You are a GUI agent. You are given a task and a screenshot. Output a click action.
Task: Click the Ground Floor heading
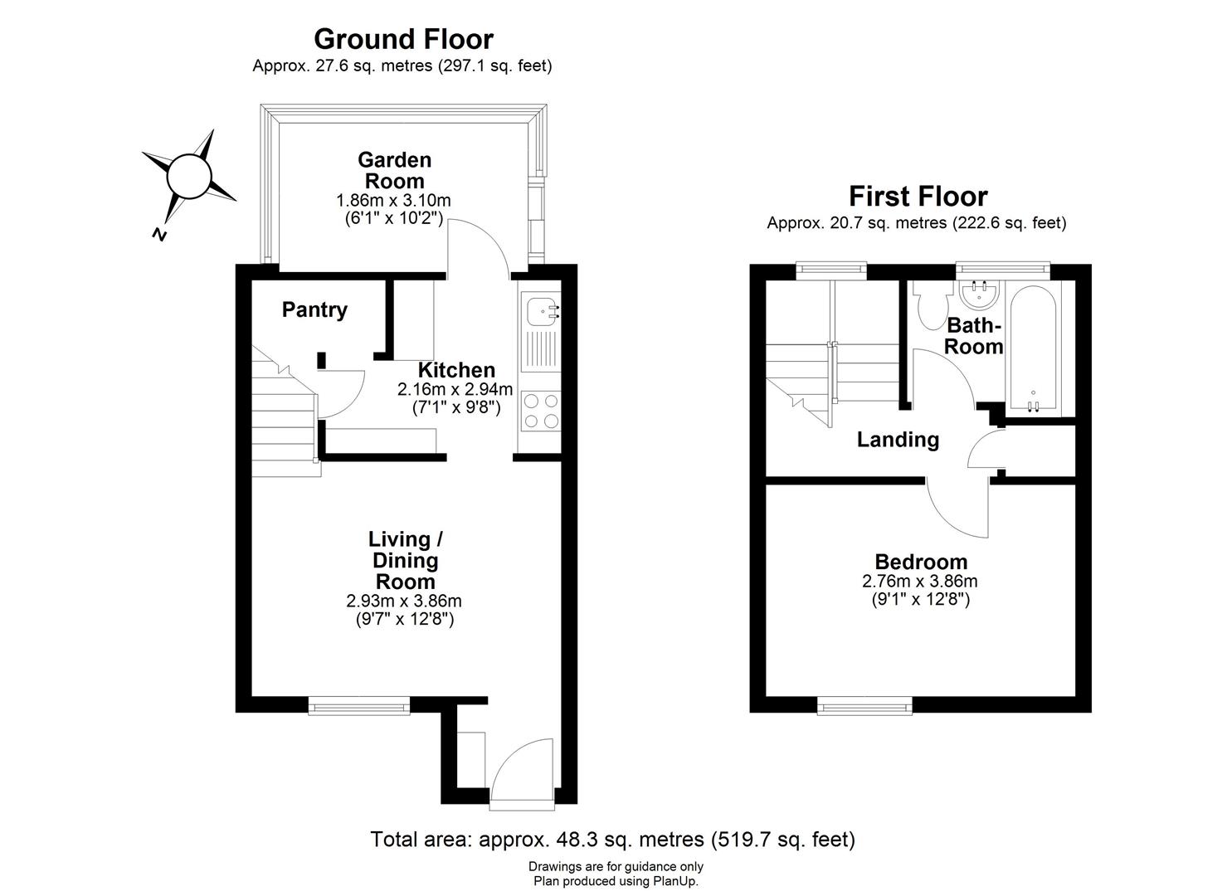403,39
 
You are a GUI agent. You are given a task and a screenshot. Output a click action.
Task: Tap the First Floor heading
918,197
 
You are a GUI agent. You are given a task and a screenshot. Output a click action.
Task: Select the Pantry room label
314,309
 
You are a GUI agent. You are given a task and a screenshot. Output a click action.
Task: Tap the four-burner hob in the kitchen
540,411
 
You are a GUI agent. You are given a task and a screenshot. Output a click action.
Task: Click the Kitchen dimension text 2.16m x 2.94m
455,389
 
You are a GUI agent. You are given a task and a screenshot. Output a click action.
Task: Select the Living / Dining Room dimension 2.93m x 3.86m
404,601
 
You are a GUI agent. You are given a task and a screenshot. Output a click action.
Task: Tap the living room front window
359,706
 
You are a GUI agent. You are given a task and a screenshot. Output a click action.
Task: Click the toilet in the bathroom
931,305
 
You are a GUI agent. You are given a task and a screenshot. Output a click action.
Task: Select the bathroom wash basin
979,294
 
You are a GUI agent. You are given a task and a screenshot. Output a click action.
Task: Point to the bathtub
1032,347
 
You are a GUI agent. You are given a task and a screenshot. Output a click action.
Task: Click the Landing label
898,439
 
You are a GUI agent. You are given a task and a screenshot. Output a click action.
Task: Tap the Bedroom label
920,562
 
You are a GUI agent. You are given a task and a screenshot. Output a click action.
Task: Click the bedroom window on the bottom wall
864,706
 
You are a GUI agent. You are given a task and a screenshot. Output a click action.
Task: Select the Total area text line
612,840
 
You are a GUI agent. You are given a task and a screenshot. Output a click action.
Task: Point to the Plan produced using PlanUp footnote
616,881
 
